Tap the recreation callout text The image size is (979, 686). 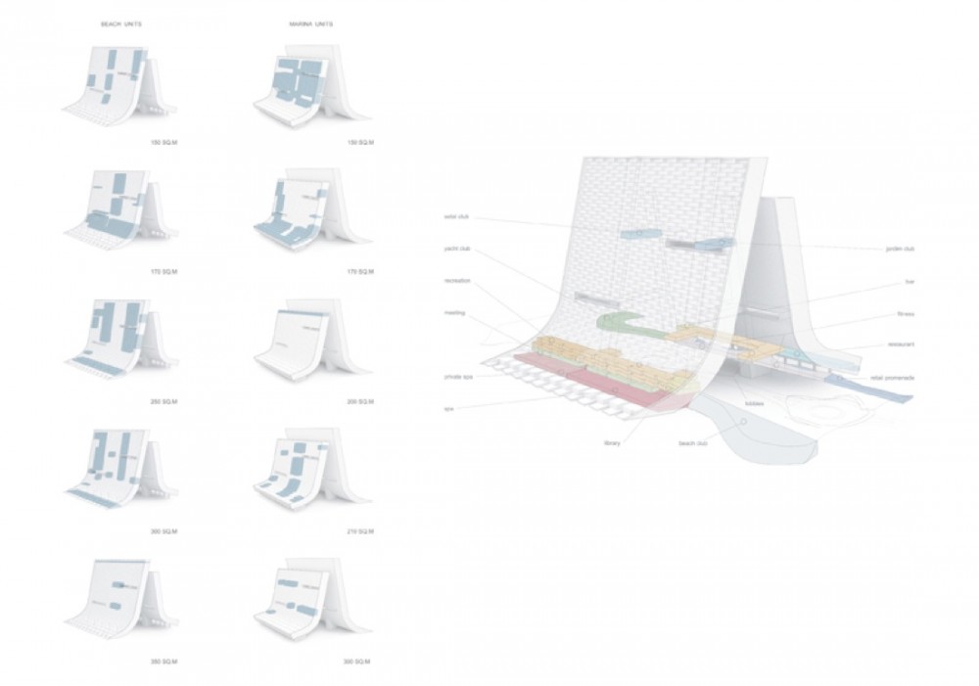coord(457,280)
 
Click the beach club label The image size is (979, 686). coord(692,443)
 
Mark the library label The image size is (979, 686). coord(614,443)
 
